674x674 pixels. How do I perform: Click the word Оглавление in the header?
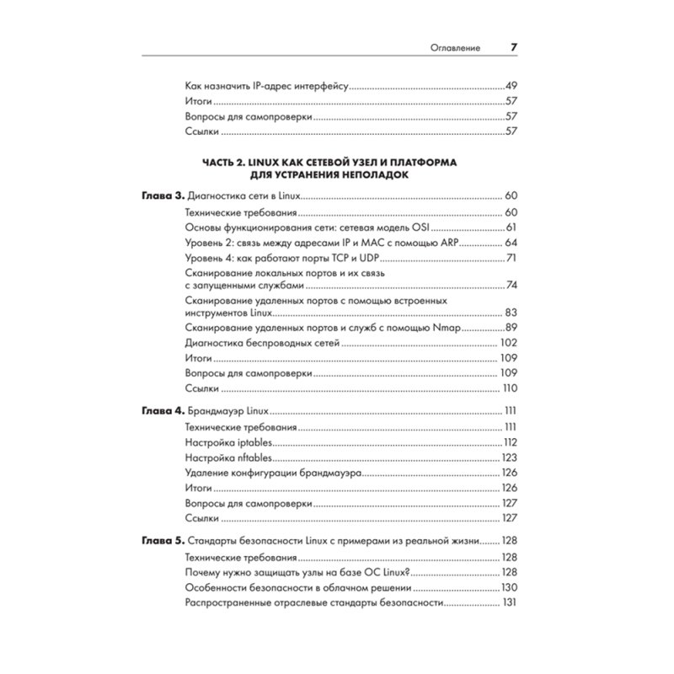(454, 50)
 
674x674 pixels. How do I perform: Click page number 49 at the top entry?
(510, 86)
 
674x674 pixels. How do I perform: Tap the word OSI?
(424, 227)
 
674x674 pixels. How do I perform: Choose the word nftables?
(252, 458)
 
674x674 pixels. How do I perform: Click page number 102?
(507, 344)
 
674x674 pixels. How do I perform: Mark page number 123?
(508, 458)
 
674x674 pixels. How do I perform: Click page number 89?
(510, 328)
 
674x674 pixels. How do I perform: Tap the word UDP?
(371, 258)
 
